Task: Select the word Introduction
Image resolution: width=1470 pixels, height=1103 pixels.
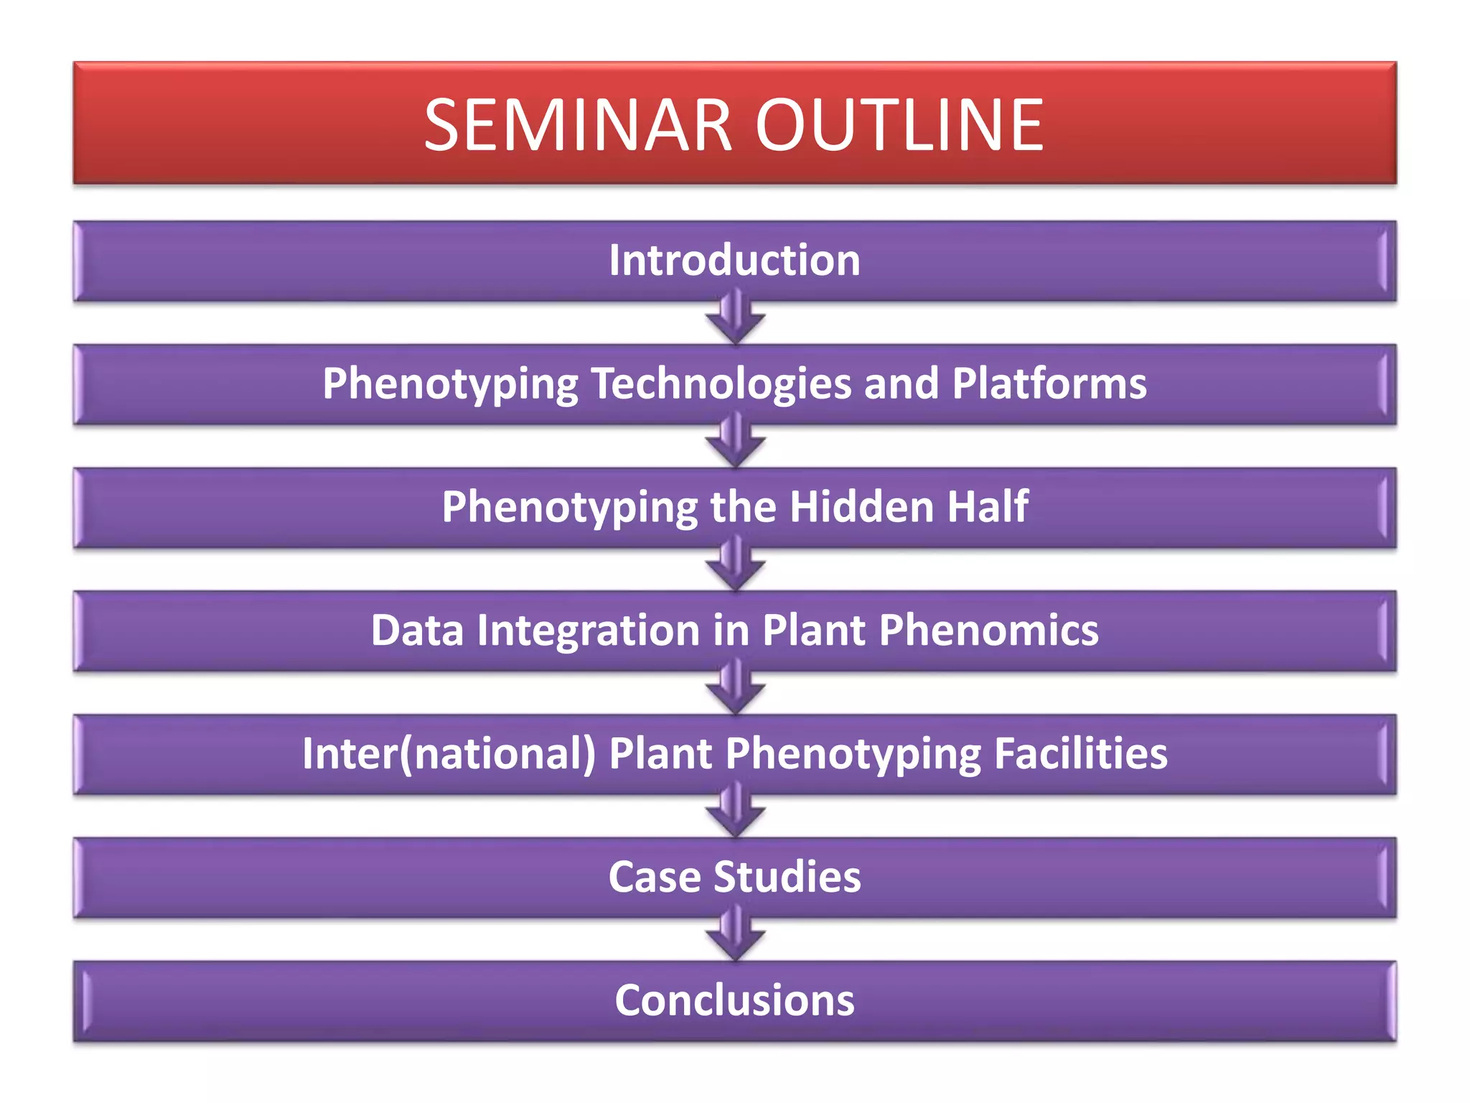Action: pyautogui.click(x=734, y=260)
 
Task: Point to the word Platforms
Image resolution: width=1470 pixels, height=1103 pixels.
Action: pyautogui.click(x=1049, y=383)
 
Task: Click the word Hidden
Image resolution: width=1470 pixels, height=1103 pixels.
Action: pyautogui.click(x=861, y=507)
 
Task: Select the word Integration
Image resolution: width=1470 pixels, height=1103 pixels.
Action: pyautogui.click(x=588, y=630)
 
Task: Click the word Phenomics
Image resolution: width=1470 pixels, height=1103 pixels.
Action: pyautogui.click(x=988, y=630)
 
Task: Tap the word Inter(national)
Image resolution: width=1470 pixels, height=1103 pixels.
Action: pyautogui.click(x=449, y=754)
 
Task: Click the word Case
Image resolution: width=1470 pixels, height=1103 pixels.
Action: pyautogui.click(x=654, y=878)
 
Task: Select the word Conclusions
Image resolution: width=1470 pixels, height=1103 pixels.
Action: pyautogui.click(x=734, y=1001)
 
